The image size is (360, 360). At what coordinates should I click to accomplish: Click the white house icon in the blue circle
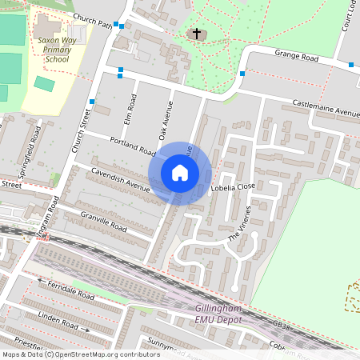(180, 172)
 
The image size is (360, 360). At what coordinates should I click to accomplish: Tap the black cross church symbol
(197, 34)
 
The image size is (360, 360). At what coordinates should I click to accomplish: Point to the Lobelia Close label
(232, 187)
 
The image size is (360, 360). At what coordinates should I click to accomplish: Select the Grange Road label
(297, 54)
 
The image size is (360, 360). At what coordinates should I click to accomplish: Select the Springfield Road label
(29, 150)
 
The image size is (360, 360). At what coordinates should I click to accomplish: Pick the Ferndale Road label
(70, 289)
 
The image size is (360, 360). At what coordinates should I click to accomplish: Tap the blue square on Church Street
(93, 102)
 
